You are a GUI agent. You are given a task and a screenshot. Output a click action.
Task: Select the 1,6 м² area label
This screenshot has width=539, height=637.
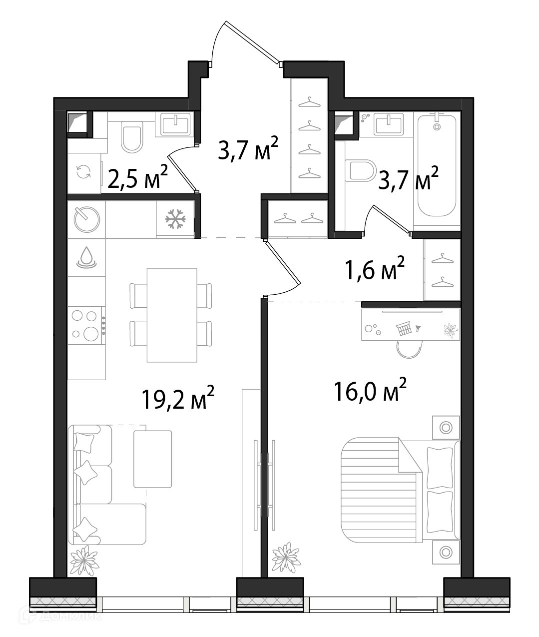[x=375, y=268]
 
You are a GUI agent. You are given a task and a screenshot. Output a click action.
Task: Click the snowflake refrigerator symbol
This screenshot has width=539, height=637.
[x=175, y=219]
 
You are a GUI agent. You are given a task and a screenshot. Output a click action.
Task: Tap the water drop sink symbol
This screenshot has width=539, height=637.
[x=86, y=257]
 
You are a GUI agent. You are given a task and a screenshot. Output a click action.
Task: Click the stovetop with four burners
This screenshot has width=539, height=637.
[x=86, y=325]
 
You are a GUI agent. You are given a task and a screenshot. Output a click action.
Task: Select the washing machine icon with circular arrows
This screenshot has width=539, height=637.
[x=84, y=171]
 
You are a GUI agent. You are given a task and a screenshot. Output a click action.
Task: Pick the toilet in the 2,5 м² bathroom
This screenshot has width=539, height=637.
[x=132, y=136]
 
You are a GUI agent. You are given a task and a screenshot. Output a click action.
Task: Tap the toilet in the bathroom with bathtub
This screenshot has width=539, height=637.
[x=361, y=170]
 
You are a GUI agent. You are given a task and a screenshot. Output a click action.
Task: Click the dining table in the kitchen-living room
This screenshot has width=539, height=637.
[x=172, y=315]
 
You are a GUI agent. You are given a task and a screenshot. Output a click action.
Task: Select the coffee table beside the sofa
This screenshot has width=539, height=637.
[x=152, y=459]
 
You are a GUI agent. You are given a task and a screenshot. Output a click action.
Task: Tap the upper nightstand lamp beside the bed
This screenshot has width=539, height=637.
[x=446, y=428]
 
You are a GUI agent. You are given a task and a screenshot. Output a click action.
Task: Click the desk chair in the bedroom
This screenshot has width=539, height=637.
[x=409, y=349]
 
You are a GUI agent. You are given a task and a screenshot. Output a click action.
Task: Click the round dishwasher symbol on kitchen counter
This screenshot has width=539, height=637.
[x=86, y=219]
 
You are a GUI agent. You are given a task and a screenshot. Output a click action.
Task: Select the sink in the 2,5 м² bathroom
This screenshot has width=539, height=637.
[x=175, y=124]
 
